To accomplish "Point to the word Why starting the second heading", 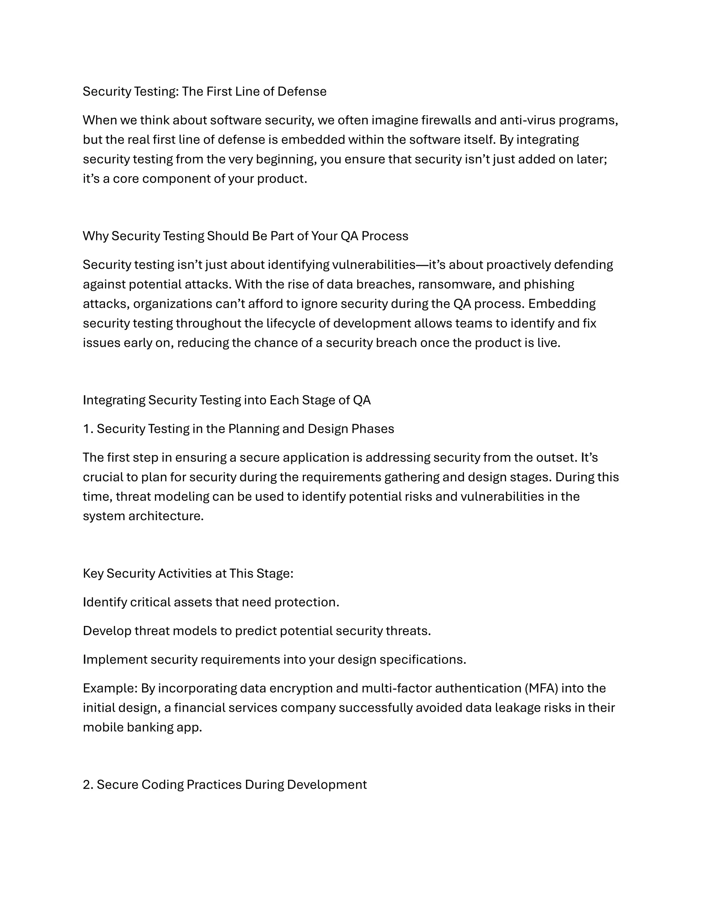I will coord(95,236).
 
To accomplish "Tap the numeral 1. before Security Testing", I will coord(88,429).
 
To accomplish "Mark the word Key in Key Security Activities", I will coord(93,573).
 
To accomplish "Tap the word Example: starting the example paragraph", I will coord(110,688).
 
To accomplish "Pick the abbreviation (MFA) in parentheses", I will coord(541,688).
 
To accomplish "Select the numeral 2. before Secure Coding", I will coord(88,785).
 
